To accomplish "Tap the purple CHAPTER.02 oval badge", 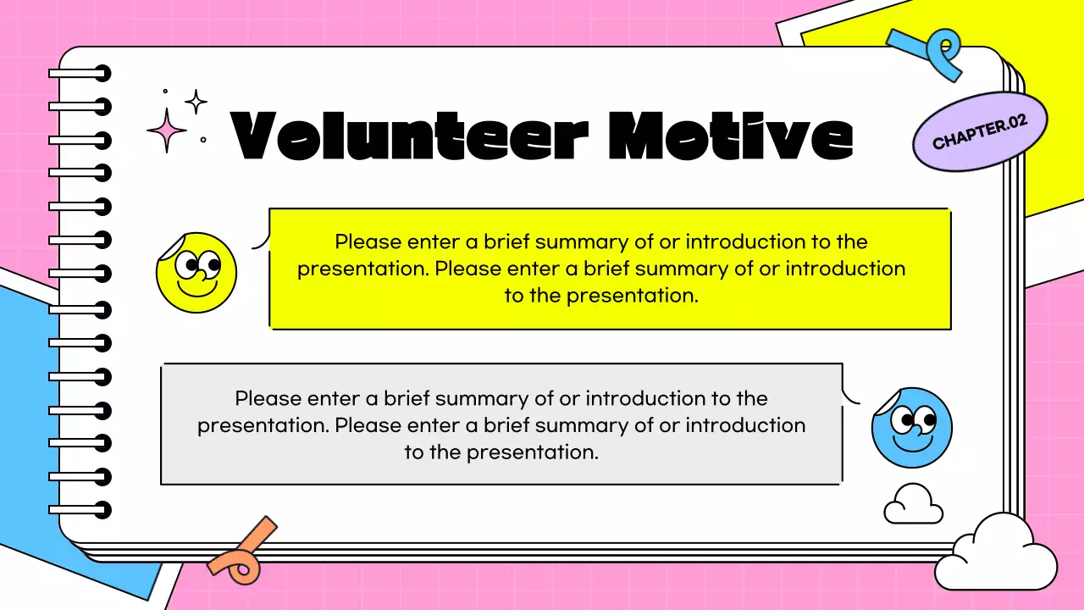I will [x=980, y=132].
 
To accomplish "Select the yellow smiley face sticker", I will [x=196, y=273].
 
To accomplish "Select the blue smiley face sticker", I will [x=912, y=428].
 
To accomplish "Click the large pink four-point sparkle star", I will [x=167, y=130].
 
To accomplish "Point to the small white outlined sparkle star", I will [x=196, y=103].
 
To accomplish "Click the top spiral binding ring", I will [x=80, y=74].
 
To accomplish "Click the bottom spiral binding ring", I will [x=80, y=510].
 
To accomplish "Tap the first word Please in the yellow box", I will [x=368, y=241].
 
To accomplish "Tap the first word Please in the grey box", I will [x=268, y=398].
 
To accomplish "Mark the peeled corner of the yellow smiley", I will [x=169, y=247].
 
